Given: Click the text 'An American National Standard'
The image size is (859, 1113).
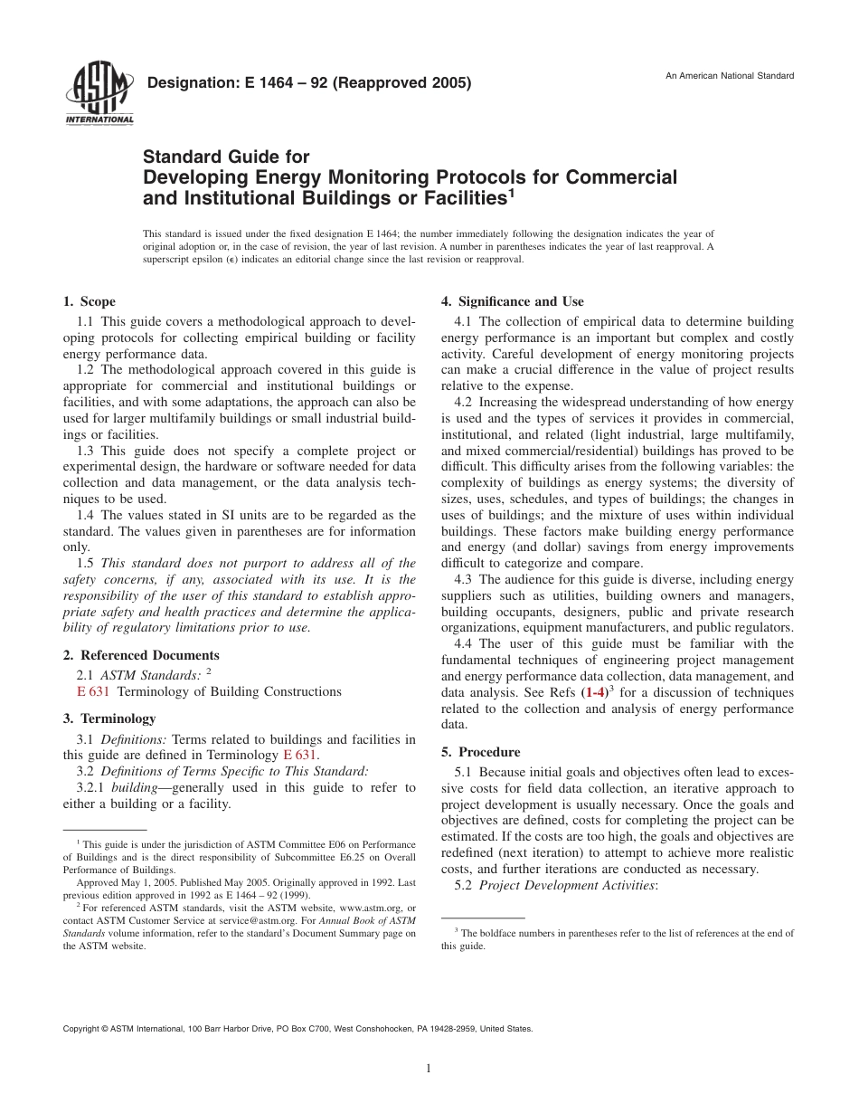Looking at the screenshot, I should [730, 76].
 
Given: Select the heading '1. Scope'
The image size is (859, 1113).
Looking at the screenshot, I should [89, 301].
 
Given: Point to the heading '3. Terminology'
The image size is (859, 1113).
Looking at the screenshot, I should [109, 718].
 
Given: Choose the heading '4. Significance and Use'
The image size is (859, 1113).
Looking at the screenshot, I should [512, 301].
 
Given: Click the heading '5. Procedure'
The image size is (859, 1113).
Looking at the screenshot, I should [480, 752].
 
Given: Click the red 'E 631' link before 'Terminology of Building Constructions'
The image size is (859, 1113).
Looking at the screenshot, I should [93, 691].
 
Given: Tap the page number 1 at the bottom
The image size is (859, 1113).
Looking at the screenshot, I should [429, 1069].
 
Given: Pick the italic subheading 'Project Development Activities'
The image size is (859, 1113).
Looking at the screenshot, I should [568, 885].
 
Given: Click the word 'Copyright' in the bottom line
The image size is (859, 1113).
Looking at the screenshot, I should [81, 1029].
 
